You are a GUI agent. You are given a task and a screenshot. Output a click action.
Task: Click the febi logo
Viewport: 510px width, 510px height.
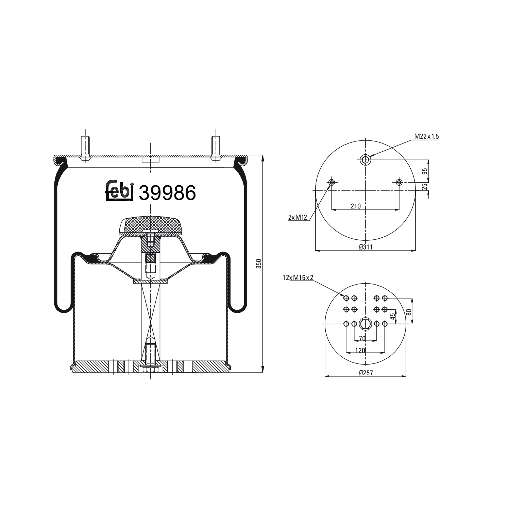(118, 191)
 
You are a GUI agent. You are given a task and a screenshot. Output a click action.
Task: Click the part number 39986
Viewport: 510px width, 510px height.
(168, 193)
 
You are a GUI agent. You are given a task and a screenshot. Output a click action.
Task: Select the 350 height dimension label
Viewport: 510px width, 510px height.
(258, 264)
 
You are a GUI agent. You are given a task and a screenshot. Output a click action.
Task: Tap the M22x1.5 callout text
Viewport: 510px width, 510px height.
(426, 136)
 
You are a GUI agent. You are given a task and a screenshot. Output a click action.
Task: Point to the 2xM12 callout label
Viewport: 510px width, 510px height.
(297, 217)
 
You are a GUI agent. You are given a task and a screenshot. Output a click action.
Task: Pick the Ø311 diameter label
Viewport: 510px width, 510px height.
(366, 247)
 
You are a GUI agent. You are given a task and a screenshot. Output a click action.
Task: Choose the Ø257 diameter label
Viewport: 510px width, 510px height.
(366, 373)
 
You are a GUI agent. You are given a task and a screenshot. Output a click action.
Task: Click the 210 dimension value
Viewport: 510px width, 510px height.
(356, 206)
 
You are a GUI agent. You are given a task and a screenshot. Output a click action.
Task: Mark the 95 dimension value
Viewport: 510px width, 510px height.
(424, 171)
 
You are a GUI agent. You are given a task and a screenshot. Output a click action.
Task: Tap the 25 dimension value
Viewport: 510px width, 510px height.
(424, 186)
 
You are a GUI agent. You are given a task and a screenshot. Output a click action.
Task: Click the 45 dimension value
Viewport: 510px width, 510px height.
(393, 316)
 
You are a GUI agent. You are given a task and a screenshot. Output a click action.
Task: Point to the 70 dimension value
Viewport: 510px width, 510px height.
(362, 338)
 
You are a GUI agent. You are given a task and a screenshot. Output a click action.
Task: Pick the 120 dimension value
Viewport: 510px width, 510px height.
(360, 350)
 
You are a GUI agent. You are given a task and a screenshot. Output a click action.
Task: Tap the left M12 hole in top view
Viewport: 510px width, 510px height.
(331, 183)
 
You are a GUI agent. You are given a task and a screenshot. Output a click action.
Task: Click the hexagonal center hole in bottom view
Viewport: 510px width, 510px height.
(365, 324)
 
